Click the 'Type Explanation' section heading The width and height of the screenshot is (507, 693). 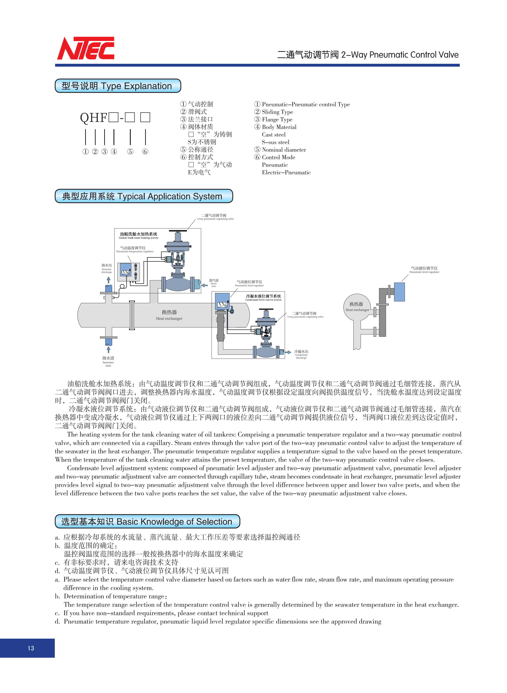tap(118, 86)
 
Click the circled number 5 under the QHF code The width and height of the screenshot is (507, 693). tap(130, 151)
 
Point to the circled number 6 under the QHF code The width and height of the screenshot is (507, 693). tap(145, 151)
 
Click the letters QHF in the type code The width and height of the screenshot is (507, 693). tap(94, 118)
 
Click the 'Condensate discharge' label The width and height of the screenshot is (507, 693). tap(301, 354)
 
